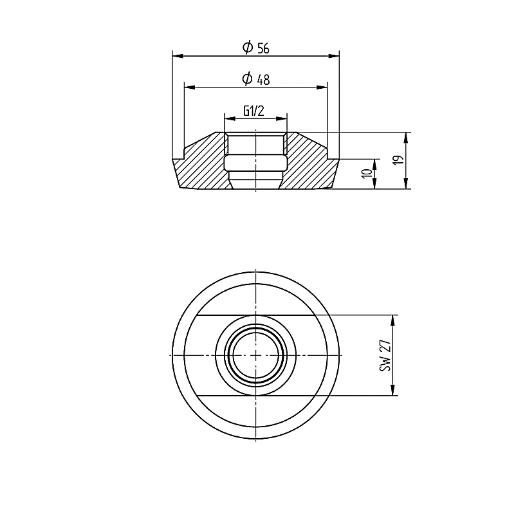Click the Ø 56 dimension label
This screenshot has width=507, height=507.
pyautogui.click(x=256, y=48)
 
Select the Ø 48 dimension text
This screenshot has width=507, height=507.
pyautogui.click(x=256, y=79)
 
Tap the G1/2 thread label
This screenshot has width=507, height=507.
pyautogui.click(x=254, y=111)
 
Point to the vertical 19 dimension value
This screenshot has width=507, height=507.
pyautogui.click(x=399, y=160)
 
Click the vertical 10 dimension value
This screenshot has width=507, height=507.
pyautogui.click(x=367, y=174)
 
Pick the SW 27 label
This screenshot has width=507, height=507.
pyautogui.click(x=385, y=356)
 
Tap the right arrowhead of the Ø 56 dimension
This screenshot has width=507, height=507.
pyautogui.click(x=334, y=56)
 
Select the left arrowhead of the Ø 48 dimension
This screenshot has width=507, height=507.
pyautogui.click(x=190, y=87)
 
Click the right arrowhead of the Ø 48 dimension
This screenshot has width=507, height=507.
pyautogui.click(x=322, y=87)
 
